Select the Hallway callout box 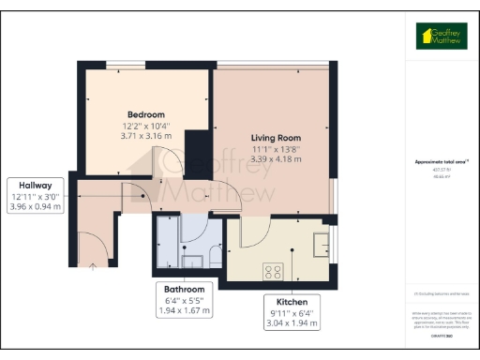(x=37, y=196)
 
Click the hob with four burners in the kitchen (x=273, y=271)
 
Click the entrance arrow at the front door (x=92, y=266)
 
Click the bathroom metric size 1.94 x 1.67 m (x=186, y=310)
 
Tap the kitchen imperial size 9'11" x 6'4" (x=289, y=314)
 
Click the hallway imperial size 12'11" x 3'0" (x=37, y=196)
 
